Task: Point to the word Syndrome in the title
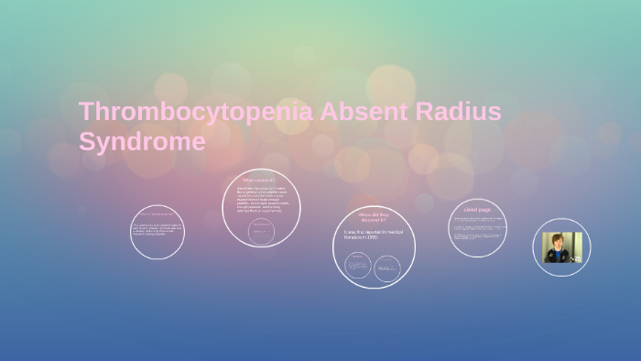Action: click(142, 142)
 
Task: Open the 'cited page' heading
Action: click(477, 210)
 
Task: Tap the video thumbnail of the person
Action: click(561, 247)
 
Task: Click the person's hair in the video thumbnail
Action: click(556, 237)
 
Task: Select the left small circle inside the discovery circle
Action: click(358, 266)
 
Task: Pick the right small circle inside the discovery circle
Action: click(388, 268)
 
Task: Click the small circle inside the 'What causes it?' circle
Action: click(261, 228)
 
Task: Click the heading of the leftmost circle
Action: click(157, 213)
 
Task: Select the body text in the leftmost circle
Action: click(157, 230)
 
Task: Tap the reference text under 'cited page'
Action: click(477, 233)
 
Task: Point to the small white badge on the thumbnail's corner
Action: click(577, 259)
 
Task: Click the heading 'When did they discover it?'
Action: click(373, 217)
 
